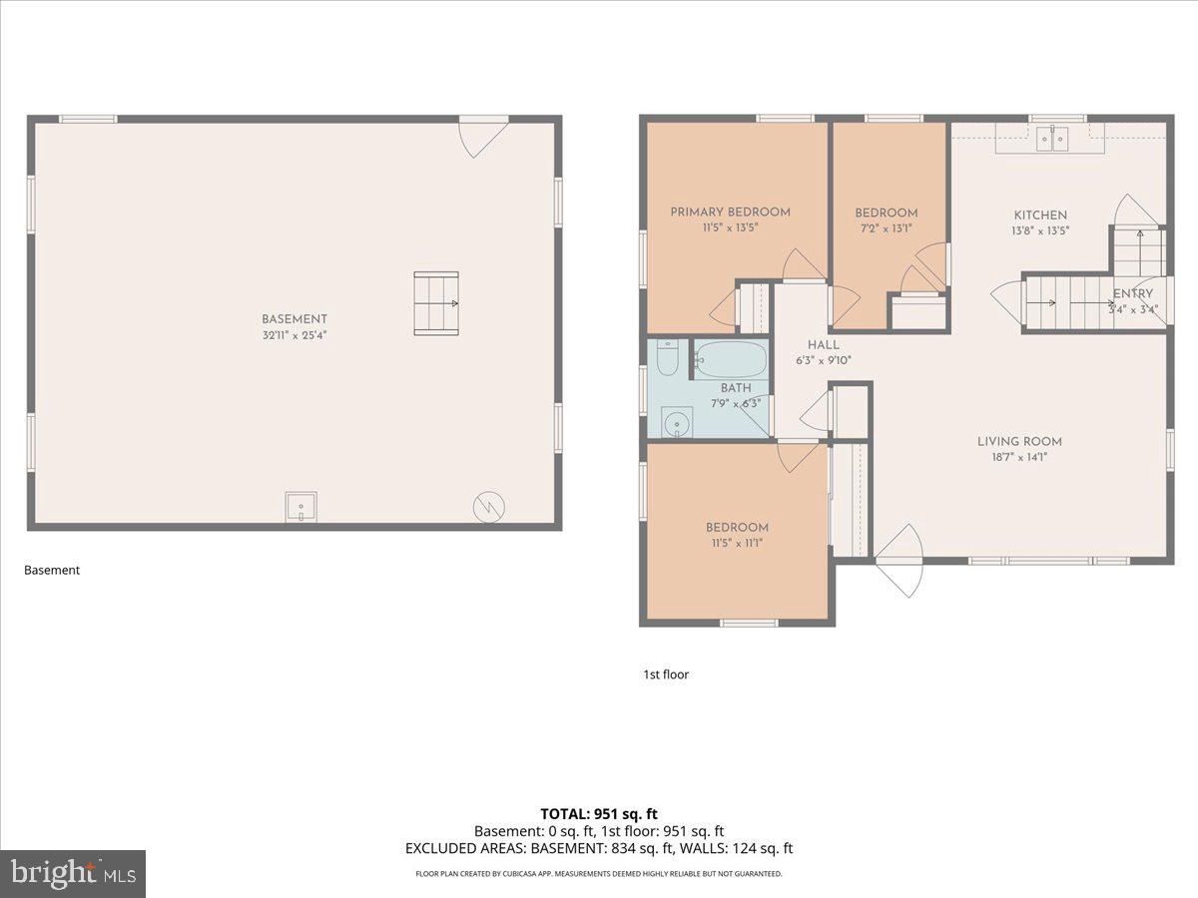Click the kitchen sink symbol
click(1050, 139)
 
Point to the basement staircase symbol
click(436, 303)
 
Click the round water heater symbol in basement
click(488, 507)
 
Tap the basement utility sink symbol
click(300, 508)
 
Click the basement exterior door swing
click(482, 136)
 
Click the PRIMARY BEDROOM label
click(730, 212)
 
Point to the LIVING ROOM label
click(1018, 441)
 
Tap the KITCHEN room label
click(1040, 215)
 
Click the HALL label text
click(824, 344)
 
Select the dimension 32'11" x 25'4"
click(295, 335)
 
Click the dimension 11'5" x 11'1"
click(737, 544)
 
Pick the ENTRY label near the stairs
click(1132, 293)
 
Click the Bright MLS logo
click(73, 873)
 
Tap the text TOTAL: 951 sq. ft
click(598, 814)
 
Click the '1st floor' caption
click(666, 674)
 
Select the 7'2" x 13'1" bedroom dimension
click(886, 228)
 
